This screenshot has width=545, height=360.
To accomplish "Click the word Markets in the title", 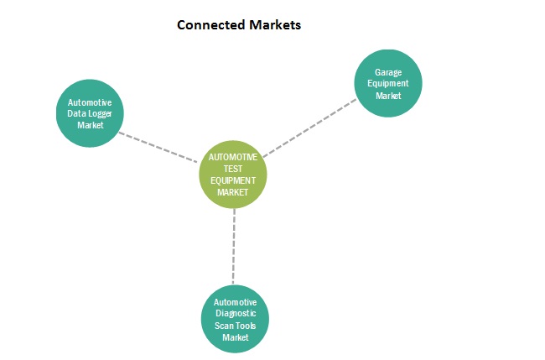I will (x=275, y=25).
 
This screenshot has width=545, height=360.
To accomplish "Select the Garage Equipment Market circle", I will (x=388, y=84).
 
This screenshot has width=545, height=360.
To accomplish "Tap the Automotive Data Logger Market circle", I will (x=90, y=113).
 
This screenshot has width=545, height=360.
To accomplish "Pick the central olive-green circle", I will (x=233, y=175).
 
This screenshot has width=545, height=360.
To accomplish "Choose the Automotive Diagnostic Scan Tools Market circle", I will (x=236, y=319).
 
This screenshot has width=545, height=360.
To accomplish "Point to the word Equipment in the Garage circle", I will (x=388, y=84).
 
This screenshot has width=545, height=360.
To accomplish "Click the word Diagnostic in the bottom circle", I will (x=236, y=314).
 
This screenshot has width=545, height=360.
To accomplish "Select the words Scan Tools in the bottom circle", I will (x=236, y=326).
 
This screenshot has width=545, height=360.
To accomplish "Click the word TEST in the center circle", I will (x=234, y=169).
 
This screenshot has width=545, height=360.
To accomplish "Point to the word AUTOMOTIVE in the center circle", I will (x=233, y=157).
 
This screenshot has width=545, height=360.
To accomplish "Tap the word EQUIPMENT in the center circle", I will (x=234, y=180).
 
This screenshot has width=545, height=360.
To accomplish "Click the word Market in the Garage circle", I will (x=388, y=96).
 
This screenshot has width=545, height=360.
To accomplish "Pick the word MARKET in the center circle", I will (x=234, y=192).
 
